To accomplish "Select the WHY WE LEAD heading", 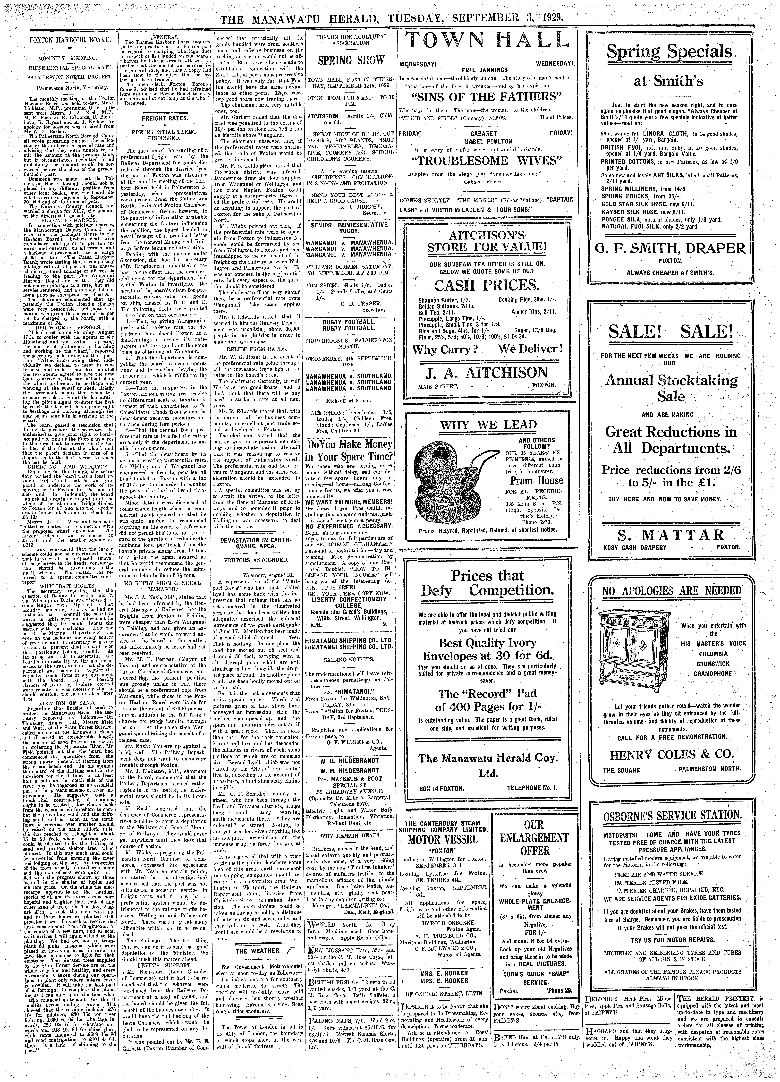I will [488, 425].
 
